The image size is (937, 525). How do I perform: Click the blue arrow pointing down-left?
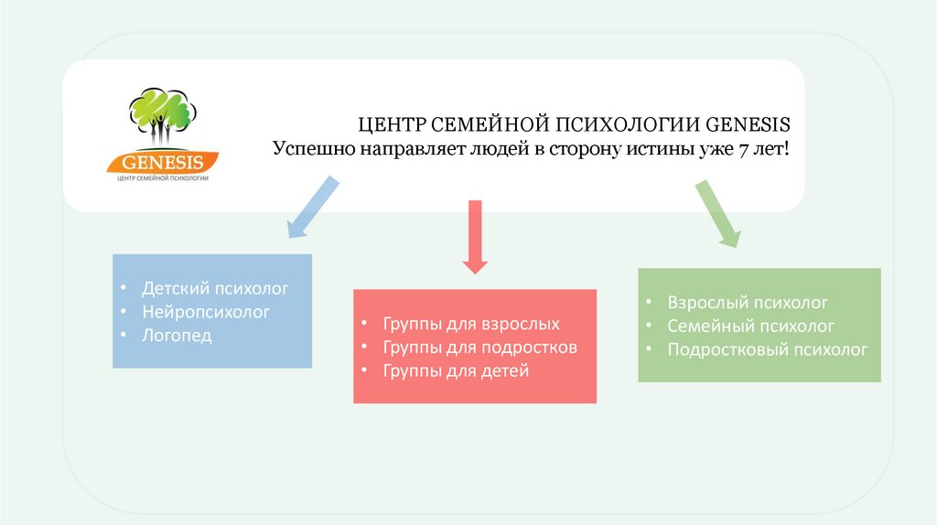(x=311, y=208)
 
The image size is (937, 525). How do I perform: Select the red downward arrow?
(x=473, y=236)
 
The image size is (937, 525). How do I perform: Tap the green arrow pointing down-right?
(x=718, y=212)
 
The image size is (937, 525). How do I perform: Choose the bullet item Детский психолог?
(x=215, y=288)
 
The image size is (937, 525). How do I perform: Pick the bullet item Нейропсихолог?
(x=206, y=312)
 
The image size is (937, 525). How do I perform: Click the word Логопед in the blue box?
(x=177, y=336)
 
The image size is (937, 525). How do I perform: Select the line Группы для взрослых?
(x=471, y=324)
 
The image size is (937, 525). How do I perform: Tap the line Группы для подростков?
(x=480, y=348)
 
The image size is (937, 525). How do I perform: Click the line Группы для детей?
(x=457, y=371)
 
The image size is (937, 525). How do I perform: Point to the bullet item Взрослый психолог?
(x=748, y=302)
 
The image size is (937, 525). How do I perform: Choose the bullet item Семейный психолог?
(x=750, y=326)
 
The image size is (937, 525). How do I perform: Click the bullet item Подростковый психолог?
(x=768, y=349)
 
